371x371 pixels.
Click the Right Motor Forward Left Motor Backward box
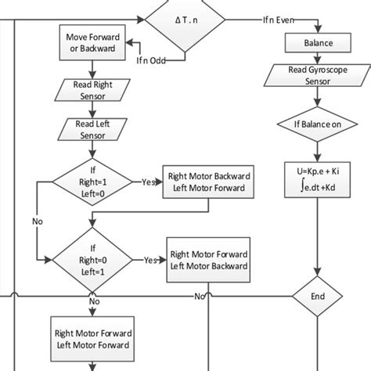coord(207,259)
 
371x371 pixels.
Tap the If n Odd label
coord(153,60)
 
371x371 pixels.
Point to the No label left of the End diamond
coord(201,297)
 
